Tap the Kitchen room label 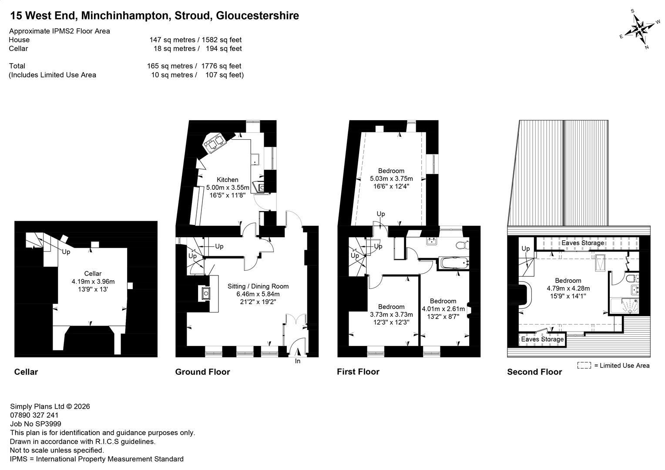pyautogui.click(x=228, y=180)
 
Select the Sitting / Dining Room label pyautogui.click(x=258, y=286)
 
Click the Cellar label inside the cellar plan pyautogui.click(x=93, y=273)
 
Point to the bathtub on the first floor pyautogui.click(x=454, y=263)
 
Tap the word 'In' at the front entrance pyautogui.click(x=298, y=361)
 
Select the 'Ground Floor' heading pyautogui.click(x=202, y=372)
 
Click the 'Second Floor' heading pyautogui.click(x=534, y=372)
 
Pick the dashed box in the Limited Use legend pyautogui.click(x=584, y=365)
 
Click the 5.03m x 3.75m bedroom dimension pyautogui.click(x=391, y=178)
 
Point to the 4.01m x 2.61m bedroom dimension pyautogui.click(x=443, y=309)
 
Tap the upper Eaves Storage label pyautogui.click(x=583, y=243)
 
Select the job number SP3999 pyautogui.click(x=36, y=424)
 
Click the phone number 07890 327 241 pyautogui.click(x=34, y=415)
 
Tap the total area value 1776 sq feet pyautogui.click(x=221, y=66)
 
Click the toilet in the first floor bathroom pyautogui.click(x=462, y=245)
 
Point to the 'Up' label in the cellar pyautogui.click(x=66, y=252)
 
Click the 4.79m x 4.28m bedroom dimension pyautogui.click(x=568, y=288)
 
